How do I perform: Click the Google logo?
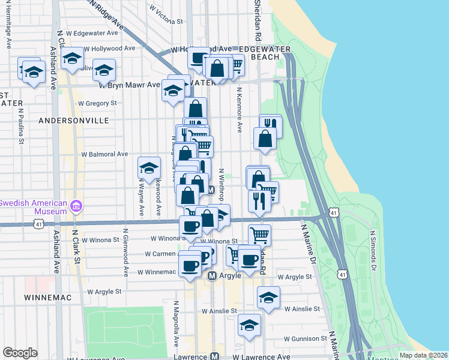tap(20, 353)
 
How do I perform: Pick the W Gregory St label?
tap(97, 103)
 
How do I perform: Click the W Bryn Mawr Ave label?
tap(130, 85)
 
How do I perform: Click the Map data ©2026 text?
tap(423, 355)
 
